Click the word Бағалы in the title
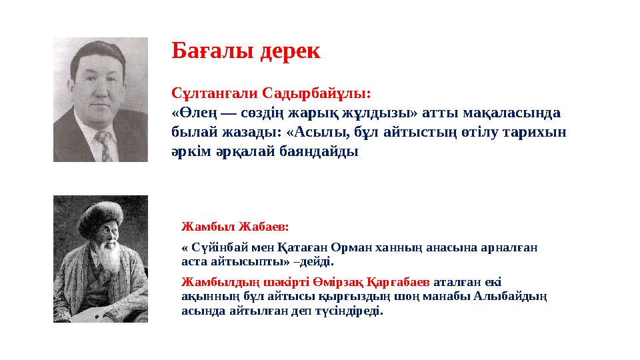(207, 51)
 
